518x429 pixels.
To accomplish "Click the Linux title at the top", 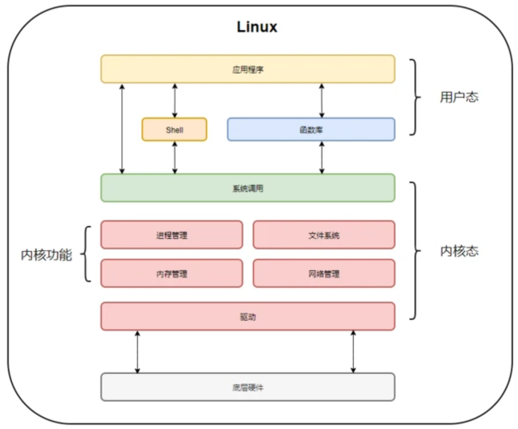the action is (257, 27).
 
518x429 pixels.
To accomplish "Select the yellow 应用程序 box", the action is (248, 69).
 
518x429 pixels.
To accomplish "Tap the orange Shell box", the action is (174, 130).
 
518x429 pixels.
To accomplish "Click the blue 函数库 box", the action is (311, 130).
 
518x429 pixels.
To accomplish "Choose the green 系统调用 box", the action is (248, 188).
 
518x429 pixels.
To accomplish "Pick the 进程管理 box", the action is (172, 235).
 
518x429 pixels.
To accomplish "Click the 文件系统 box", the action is (324, 235).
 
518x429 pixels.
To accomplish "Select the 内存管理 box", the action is (172, 274).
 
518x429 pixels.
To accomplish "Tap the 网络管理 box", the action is (324, 274).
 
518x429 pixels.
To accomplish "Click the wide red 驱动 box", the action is (248, 316).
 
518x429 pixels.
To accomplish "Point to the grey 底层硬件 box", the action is (248, 387).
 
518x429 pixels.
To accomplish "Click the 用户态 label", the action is (459, 97).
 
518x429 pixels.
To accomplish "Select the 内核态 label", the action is (459, 251).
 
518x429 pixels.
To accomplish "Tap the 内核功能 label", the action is (46, 255).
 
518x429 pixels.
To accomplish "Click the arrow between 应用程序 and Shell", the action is (175, 100).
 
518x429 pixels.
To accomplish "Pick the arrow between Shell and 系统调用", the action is (175, 158).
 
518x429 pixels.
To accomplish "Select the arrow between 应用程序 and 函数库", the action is (322, 100).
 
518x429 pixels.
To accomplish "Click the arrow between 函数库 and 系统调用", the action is (322, 158).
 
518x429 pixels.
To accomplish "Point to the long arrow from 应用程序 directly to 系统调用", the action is (122, 129).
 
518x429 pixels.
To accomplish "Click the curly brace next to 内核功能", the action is (87, 254).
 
